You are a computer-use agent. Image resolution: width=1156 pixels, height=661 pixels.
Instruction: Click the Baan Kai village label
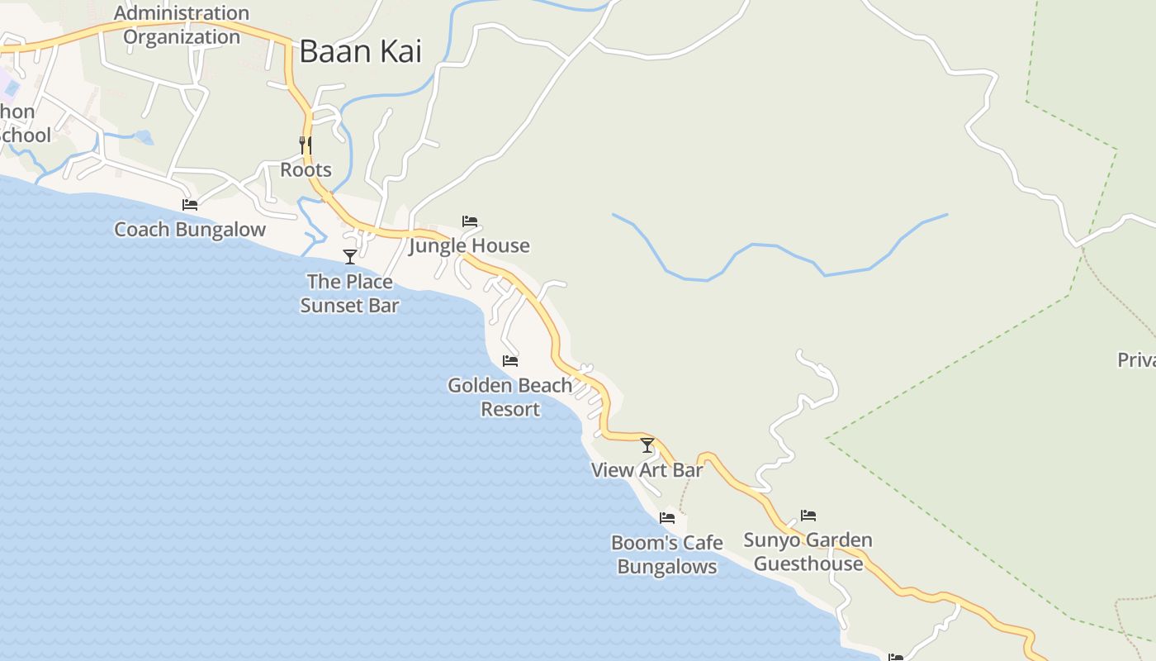point(360,51)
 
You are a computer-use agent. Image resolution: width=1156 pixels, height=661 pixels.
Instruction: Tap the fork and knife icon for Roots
point(306,145)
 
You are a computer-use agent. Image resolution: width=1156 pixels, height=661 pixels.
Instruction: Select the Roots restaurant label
point(306,170)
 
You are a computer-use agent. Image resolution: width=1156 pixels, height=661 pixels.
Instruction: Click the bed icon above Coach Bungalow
point(190,204)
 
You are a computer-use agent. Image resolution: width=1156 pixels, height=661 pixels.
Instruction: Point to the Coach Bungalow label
point(190,230)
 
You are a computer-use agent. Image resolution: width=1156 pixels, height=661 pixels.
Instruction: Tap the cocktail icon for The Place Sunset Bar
point(350,256)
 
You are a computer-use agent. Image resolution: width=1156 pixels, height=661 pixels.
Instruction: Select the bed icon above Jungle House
point(470,221)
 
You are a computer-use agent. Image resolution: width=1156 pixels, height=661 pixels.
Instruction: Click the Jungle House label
point(469,246)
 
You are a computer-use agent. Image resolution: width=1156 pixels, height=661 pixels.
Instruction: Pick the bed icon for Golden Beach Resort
point(510,360)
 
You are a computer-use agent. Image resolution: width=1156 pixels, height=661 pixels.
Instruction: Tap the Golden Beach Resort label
point(510,397)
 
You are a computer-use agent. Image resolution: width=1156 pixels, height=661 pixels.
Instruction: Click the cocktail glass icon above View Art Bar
point(647,445)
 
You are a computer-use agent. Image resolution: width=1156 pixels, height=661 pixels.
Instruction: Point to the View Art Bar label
point(647,470)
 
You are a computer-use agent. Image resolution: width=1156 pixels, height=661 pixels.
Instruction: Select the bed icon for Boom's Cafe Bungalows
point(667,518)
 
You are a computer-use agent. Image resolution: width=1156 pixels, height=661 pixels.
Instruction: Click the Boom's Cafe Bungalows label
point(667,554)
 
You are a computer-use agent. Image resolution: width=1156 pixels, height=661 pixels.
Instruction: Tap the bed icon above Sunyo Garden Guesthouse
point(808,516)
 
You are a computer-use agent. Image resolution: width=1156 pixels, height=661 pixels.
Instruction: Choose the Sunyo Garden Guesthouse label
point(808,552)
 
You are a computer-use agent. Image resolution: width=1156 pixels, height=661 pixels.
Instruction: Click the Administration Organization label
point(182,25)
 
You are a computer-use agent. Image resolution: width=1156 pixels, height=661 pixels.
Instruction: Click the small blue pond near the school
point(144,137)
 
